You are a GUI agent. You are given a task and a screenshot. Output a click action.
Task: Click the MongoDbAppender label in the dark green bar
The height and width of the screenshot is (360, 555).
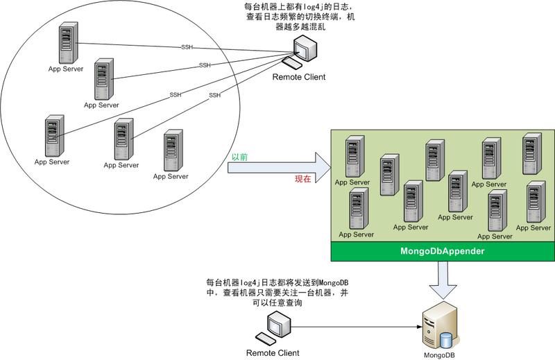pyautogui.click(x=442, y=250)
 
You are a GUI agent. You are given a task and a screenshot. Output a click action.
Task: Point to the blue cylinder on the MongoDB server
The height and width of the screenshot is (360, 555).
pyautogui.click(x=445, y=339)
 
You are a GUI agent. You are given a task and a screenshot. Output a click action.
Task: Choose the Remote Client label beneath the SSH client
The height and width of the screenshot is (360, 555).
pyautogui.click(x=298, y=77)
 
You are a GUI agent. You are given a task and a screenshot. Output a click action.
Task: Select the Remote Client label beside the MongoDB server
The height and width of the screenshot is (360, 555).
pyautogui.click(x=273, y=353)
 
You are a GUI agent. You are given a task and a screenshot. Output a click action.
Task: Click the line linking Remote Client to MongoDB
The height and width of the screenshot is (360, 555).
pyautogui.click(x=354, y=323)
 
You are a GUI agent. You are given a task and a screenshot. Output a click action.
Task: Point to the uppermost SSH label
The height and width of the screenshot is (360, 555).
pyautogui.click(x=186, y=47)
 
